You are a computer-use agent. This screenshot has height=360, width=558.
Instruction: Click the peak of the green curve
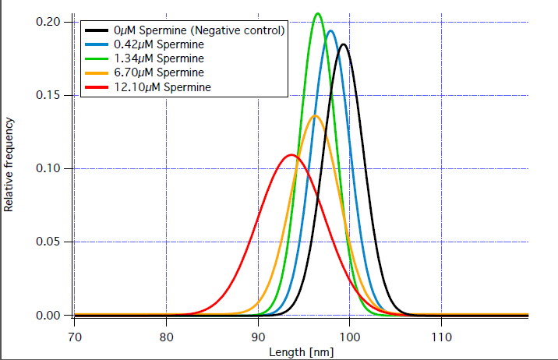317,13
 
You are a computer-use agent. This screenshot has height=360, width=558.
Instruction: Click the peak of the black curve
343,44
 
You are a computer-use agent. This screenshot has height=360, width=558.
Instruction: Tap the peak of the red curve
292,155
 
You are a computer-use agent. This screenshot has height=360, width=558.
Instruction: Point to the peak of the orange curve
315,116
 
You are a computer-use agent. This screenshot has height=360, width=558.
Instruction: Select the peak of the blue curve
330,31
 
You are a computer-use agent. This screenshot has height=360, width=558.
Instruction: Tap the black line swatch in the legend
97,30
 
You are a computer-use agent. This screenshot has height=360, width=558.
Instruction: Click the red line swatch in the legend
97,86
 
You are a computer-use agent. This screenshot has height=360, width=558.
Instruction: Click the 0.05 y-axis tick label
49,242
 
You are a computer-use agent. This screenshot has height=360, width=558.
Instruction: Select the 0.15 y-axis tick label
49,95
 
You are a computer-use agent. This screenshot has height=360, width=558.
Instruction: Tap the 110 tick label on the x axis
441,337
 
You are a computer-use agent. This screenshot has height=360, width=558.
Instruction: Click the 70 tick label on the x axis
75,337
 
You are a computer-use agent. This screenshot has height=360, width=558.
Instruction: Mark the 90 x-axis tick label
258,337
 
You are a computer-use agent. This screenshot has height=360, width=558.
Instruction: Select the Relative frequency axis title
10,164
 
